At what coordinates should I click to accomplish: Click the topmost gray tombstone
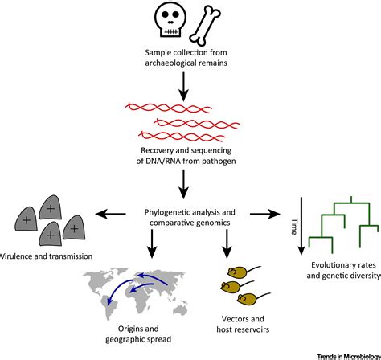click(x=53, y=205)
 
